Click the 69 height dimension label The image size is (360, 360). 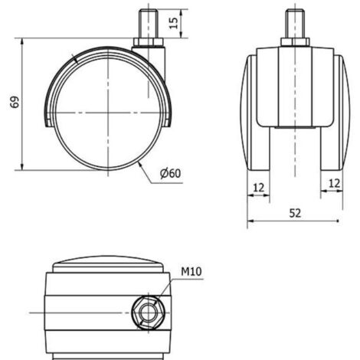[15, 102]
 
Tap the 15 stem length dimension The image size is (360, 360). [174, 23]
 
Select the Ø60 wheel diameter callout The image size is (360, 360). [170, 173]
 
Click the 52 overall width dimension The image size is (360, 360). [295, 213]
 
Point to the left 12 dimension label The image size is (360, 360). [258, 188]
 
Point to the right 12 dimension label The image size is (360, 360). [334, 183]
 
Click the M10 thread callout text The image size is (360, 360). [191, 271]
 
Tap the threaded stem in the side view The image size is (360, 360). [149, 24]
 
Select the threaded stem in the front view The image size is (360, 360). [295, 24]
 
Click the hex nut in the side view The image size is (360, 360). [149, 42]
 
